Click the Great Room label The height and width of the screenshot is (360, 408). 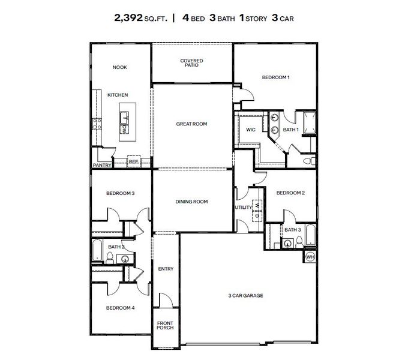pyautogui.click(x=191, y=124)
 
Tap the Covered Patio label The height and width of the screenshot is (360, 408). pyautogui.click(x=191, y=63)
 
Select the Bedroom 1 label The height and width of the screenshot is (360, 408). pyautogui.click(x=275, y=77)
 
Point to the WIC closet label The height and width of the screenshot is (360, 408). pyautogui.click(x=251, y=129)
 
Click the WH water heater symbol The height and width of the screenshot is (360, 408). pyautogui.click(x=310, y=257)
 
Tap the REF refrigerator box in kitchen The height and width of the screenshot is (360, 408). pyautogui.click(x=133, y=161)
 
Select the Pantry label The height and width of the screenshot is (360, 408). pyautogui.click(x=101, y=166)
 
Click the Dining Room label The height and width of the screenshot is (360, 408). pyautogui.click(x=191, y=202)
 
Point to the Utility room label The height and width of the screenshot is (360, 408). pyautogui.click(x=243, y=207)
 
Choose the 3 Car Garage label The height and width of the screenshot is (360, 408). pyautogui.click(x=245, y=295)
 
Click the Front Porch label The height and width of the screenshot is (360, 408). pyautogui.click(x=165, y=326)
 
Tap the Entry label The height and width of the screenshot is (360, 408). pyautogui.click(x=166, y=269)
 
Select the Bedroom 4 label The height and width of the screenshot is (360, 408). pyautogui.click(x=120, y=308)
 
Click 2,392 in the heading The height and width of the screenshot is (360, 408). pyautogui.click(x=130, y=18)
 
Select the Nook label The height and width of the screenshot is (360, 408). pyautogui.click(x=120, y=68)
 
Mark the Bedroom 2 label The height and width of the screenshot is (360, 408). pyautogui.click(x=291, y=193)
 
